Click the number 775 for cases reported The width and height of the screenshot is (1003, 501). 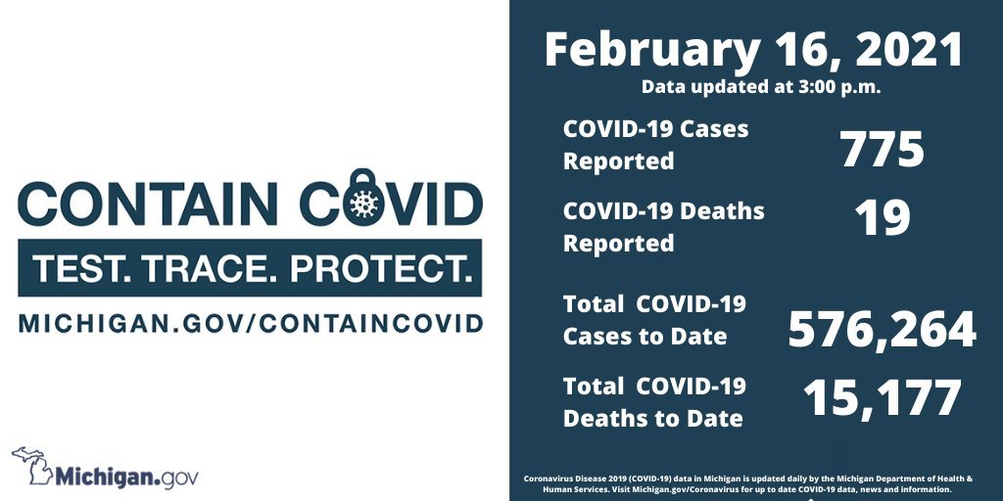[883, 150]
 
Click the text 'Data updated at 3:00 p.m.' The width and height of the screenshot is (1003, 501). [761, 87]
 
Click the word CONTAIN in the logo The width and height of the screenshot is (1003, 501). [148, 204]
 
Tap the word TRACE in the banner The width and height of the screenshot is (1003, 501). [205, 269]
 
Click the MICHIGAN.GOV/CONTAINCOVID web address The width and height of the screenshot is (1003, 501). [250, 323]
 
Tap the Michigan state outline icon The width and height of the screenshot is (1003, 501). [32, 466]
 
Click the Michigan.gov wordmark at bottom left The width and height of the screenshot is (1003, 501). [126, 478]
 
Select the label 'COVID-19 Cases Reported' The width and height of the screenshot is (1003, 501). [655, 145]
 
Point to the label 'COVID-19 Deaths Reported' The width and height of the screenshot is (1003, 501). [663, 227]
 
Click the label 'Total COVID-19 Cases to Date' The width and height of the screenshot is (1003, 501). [654, 320]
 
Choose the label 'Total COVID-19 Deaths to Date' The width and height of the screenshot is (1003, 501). [654, 402]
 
